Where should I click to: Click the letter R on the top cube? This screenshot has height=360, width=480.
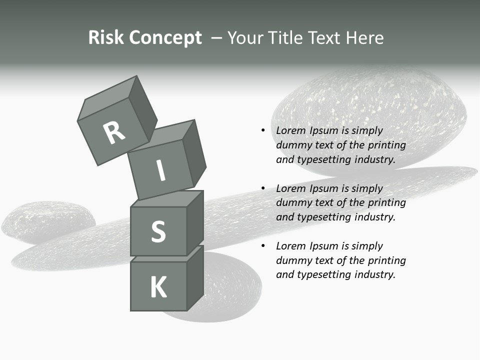coord(114,132)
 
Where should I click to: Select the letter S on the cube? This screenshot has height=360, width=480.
coord(158,232)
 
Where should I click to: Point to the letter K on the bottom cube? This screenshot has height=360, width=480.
coord(158,287)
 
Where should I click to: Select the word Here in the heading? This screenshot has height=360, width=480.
coord(364,38)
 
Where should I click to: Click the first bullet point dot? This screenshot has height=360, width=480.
coord(263,130)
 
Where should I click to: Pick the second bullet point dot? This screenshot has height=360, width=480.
coord(263,188)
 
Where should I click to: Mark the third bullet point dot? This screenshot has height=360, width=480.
coord(263,246)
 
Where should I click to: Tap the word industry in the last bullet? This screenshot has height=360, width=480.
coord(375,274)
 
